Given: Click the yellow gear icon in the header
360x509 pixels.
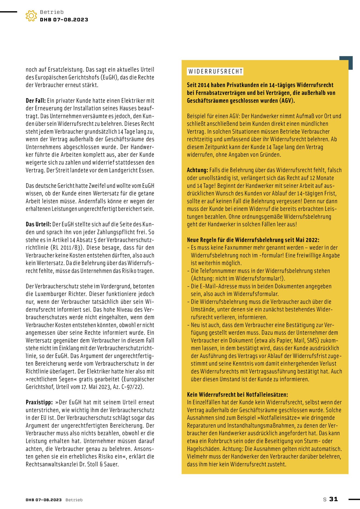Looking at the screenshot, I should click(x=31, y=16).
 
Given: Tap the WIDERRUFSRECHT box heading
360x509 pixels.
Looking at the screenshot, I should click(x=215, y=72).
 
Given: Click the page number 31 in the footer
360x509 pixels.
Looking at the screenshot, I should click(x=333, y=499).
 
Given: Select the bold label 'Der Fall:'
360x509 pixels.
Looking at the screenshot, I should click(x=36, y=101).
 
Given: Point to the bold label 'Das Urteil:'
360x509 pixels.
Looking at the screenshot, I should click(x=38, y=225).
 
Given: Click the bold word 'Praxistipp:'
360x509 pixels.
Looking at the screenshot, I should click(x=39, y=402).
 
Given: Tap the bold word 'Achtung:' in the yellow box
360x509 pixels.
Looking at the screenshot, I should click(x=197, y=170).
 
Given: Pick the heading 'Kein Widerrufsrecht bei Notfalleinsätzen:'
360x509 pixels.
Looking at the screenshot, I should click(x=237, y=395).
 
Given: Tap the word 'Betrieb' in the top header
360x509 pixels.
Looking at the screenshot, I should click(x=52, y=12).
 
